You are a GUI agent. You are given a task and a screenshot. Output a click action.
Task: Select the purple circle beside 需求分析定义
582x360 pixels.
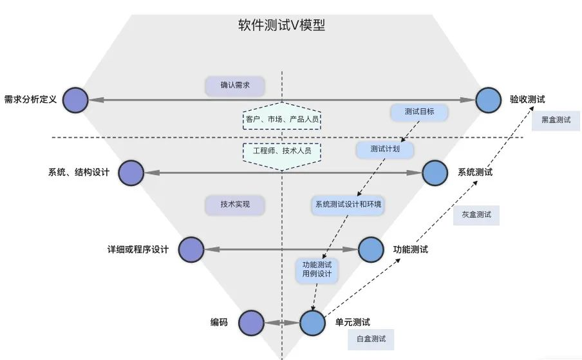(x=76, y=100)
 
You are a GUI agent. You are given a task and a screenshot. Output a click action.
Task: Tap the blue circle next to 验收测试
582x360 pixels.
(x=489, y=100)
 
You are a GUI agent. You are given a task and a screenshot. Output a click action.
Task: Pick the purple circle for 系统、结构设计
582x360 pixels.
(x=131, y=173)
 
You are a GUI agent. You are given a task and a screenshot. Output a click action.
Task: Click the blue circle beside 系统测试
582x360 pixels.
(x=435, y=173)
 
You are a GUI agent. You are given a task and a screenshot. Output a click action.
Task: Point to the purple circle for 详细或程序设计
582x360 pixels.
(x=191, y=249)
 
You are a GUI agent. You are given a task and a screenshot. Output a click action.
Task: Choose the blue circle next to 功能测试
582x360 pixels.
(x=371, y=249)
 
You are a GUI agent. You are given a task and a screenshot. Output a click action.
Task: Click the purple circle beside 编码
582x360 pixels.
(x=252, y=322)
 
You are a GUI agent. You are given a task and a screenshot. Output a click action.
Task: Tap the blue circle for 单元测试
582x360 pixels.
(x=313, y=322)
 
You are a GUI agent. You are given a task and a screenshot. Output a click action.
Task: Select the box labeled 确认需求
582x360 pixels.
(x=235, y=86)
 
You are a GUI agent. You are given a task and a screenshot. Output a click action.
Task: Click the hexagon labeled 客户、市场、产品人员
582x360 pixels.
(x=282, y=118)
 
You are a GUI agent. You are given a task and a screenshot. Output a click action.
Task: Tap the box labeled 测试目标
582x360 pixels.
(x=419, y=112)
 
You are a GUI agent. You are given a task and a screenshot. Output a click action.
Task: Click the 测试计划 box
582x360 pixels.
(x=384, y=149)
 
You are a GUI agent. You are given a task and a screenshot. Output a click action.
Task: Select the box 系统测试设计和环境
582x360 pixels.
(x=348, y=205)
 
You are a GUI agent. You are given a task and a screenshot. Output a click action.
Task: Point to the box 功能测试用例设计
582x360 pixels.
(x=317, y=269)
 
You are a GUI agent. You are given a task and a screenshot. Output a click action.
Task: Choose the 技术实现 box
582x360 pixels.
(x=235, y=205)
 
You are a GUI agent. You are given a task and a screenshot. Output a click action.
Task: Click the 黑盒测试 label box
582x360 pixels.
(x=556, y=120)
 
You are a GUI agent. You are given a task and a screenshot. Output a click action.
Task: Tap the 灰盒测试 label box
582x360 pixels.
(x=476, y=215)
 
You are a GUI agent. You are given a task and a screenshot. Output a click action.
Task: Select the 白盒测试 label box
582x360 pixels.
(x=371, y=339)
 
